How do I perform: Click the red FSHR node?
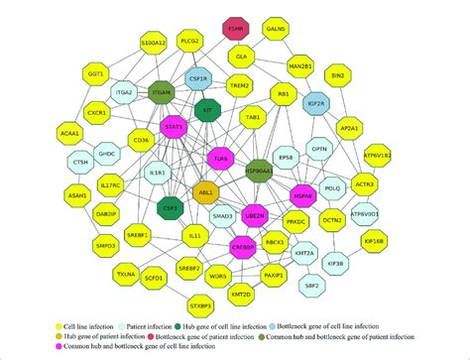coord(236,30)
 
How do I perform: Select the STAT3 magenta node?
coord(175,128)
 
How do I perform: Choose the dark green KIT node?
coord(206,113)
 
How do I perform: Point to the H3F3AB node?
coord(302,196)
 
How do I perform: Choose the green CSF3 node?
coord(170,208)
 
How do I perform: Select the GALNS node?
coord(276,31)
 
